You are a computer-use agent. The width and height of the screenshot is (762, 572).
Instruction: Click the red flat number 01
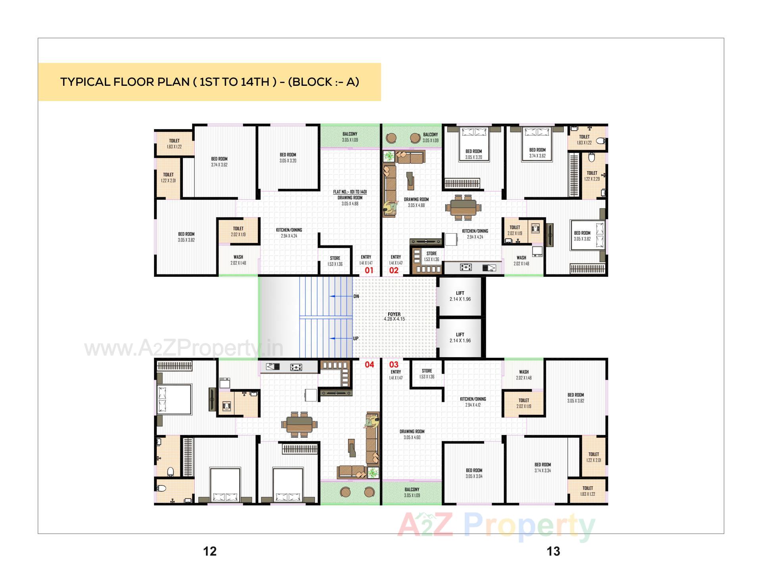[369, 271]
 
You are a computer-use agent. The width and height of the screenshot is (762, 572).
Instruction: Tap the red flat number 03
[394, 365]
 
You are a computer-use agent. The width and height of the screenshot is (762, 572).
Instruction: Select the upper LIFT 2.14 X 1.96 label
[460, 296]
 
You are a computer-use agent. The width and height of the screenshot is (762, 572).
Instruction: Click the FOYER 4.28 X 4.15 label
[394, 317]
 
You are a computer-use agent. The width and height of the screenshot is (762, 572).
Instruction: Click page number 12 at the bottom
[210, 551]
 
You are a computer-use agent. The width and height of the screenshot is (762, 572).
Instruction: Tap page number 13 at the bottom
[553, 551]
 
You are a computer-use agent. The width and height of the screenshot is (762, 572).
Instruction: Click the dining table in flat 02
[463, 207]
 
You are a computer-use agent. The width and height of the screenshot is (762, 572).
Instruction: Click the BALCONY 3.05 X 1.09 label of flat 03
[412, 493]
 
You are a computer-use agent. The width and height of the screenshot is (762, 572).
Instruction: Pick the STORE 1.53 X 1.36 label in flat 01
[335, 261]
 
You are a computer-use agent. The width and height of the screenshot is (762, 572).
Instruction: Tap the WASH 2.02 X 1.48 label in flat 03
[523, 375]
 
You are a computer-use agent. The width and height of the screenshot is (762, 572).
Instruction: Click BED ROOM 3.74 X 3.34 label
[543, 468]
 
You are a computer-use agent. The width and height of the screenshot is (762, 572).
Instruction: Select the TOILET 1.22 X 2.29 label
[592, 176]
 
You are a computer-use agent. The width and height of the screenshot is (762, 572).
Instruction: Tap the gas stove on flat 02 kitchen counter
[466, 268]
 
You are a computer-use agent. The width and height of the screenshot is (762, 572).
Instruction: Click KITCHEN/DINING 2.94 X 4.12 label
[473, 402]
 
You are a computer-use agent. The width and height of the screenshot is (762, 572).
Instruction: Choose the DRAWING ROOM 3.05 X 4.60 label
[412, 434]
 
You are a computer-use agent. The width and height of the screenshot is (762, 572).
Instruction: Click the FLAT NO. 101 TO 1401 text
[350, 192]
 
